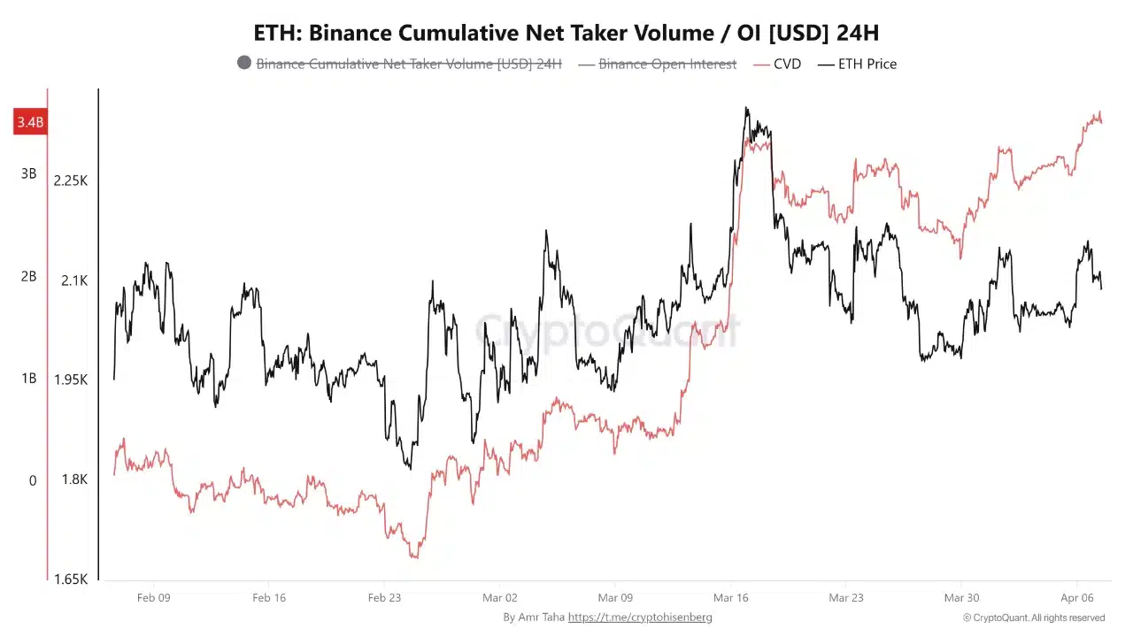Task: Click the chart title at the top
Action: [566, 33]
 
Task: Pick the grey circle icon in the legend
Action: [244, 63]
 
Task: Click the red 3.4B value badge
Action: [29, 122]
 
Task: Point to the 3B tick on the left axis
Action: [29, 173]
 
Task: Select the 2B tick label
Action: [29, 276]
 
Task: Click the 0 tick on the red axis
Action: [33, 480]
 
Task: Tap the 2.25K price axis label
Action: [71, 180]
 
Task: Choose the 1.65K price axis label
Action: [71, 579]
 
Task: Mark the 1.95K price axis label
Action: [71, 380]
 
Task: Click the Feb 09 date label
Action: [153, 597]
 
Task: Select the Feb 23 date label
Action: [384, 597]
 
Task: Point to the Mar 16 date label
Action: [731, 597]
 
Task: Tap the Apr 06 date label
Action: [1076, 597]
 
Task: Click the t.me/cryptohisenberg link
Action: [639, 617]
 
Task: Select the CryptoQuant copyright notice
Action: [1033, 618]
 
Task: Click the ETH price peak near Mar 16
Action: [746, 109]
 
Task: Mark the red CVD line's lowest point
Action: [414, 556]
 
